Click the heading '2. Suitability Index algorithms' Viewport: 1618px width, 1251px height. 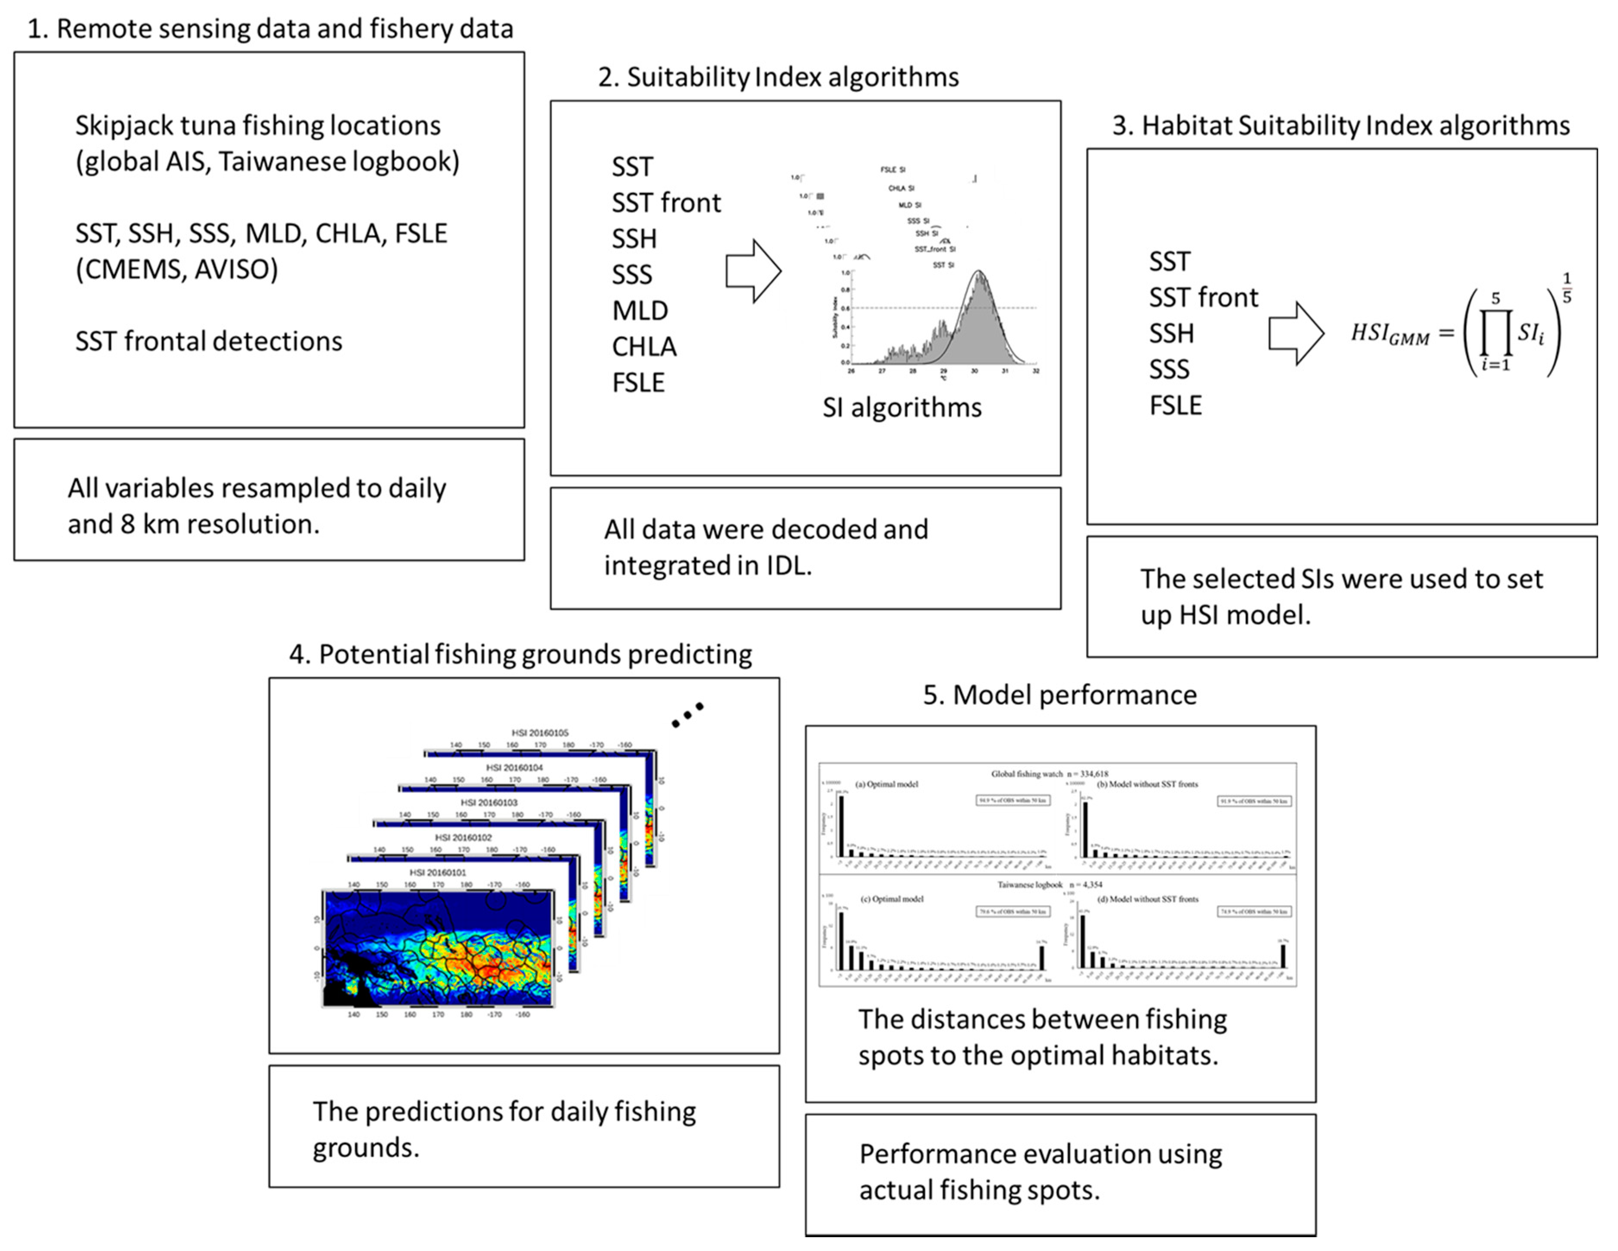(778, 77)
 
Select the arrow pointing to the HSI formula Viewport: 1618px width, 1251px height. (1296, 333)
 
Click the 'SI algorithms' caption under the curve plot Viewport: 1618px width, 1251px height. (902, 408)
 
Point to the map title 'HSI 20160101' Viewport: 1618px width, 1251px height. (438, 872)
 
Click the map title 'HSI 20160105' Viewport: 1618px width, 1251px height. (540, 733)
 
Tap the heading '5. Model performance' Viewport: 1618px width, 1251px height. (1060, 695)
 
